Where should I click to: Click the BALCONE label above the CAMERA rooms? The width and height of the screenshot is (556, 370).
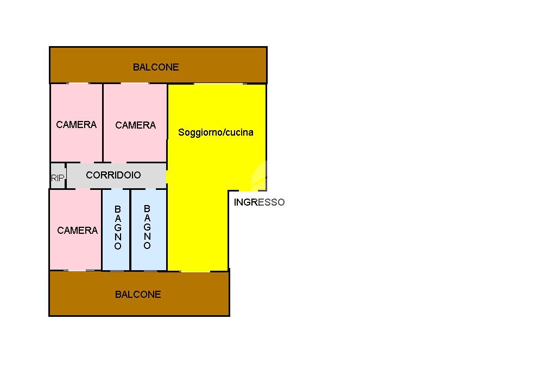[x=156, y=67]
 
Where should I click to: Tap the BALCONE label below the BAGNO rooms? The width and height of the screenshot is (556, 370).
[x=138, y=294]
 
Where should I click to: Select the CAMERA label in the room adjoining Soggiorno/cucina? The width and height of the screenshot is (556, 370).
[x=135, y=125]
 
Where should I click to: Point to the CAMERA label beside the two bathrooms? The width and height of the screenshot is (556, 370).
[x=77, y=231]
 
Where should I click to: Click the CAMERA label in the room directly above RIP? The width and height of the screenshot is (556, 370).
[x=76, y=124]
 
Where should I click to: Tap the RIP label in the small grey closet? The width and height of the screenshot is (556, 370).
[x=58, y=177]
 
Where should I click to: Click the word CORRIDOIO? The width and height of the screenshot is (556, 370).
[x=113, y=175]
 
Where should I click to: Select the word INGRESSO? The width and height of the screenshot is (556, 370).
[x=259, y=202]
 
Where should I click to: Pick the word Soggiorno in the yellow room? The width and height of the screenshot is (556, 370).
[x=199, y=132]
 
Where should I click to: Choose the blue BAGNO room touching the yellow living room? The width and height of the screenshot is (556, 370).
[x=149, y=229]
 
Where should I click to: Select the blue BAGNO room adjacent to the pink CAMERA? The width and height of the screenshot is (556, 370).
[x=116, y=229]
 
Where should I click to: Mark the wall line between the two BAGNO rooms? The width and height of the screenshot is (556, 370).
[x=130, y=229]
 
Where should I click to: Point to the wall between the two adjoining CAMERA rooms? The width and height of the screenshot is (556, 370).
[x=103, y=123]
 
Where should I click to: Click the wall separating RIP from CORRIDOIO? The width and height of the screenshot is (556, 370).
[x=66, y=175]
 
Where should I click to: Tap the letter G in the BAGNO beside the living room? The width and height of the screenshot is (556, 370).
[x=147, y=227]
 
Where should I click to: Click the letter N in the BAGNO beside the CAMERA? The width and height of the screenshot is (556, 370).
[x=118, y=237]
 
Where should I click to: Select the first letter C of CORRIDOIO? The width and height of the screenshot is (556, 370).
[x=90, y=175]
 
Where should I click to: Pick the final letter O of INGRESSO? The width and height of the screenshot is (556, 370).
[x=281, y=202]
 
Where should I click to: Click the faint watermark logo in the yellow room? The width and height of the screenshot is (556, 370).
[x=259, y=176]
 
